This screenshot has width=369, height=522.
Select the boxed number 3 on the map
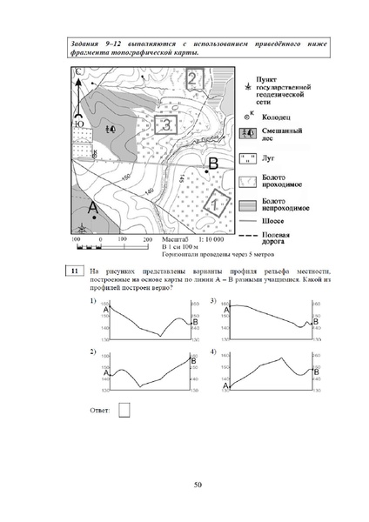tap(165, 124)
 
